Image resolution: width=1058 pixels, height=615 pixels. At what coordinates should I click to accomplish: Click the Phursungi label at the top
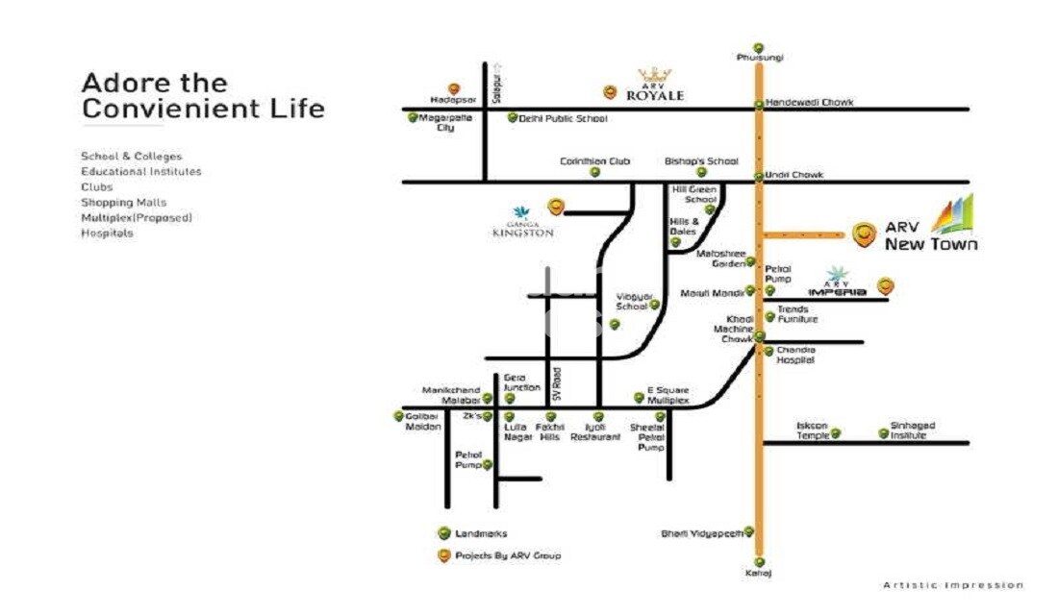pyautogui.click(x=759, y=58)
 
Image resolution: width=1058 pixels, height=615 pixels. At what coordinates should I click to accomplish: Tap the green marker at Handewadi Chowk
pyautogui.click(x=759, y=104)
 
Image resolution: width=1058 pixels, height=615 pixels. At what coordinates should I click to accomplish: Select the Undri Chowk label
pyautogui.click(x=795, y=176)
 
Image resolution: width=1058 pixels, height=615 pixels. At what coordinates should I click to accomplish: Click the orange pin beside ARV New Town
pyautogui.click(x=865, y=233)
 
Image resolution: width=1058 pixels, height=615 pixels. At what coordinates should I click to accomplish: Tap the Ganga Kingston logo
pyautogui.click(x=522, y=222)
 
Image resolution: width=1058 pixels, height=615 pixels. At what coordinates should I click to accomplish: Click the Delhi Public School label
pyautogui.click(x=563, y=119)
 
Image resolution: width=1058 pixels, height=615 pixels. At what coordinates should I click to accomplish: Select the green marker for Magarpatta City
pyautogui.click(x=413, y=117)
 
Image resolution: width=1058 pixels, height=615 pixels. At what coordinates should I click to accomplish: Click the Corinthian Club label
pyautogui.click(x=594, y=161)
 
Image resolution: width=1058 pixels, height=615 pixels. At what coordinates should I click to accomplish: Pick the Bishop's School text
pyautogui.click(x=701, y=161)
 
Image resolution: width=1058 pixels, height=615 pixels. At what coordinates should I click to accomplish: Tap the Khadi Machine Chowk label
pyautogui.click(x=733, y=329)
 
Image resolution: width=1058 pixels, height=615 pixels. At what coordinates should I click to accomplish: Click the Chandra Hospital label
pyautogui.click(x=795, y=355)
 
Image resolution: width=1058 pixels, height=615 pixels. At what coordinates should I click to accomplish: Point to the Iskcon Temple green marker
pyautogui.click(x=836, y=433)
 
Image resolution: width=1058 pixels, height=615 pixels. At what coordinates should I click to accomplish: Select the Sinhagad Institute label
pyautogui.click(x=912, y=430)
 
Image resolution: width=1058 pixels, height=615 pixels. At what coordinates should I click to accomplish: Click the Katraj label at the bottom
pyautogui.click(x=759, y=574)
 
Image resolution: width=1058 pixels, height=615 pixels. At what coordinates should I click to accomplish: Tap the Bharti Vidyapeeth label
pyautogui.click(x=700, y=532)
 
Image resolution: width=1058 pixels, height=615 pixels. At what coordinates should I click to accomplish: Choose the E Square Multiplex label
pyautogui.click(x=668, y=395)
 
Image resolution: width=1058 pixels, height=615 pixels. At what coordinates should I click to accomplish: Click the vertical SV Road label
pyautogui.click(x=556, y=384)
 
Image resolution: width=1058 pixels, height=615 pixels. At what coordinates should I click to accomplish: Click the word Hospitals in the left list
pyautogui.click(x=107, y=234)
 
